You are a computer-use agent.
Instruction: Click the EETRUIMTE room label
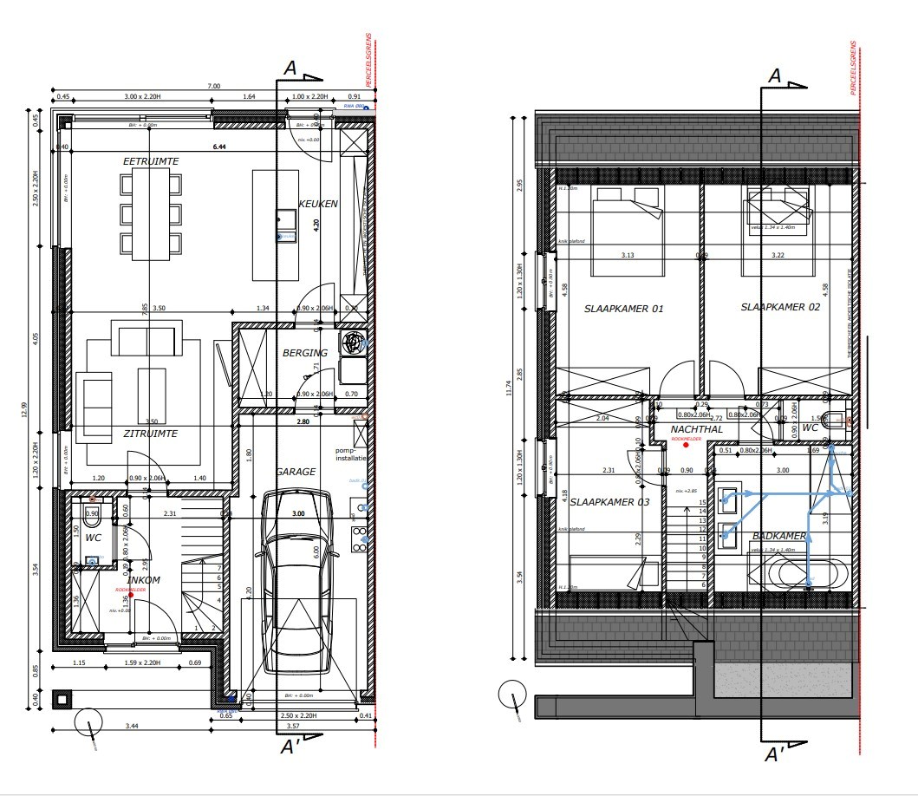pos(151,161)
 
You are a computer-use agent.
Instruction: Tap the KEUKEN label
pos(317,204)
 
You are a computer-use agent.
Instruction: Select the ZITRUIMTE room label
pos(151,434)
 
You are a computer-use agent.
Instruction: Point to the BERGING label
pos(304,353)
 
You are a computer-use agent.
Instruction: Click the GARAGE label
pos(296,472)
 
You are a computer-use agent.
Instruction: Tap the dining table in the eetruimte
pos(151,213)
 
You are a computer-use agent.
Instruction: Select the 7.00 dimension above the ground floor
pos(213,86)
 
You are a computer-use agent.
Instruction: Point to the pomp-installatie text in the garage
pos(351,454)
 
